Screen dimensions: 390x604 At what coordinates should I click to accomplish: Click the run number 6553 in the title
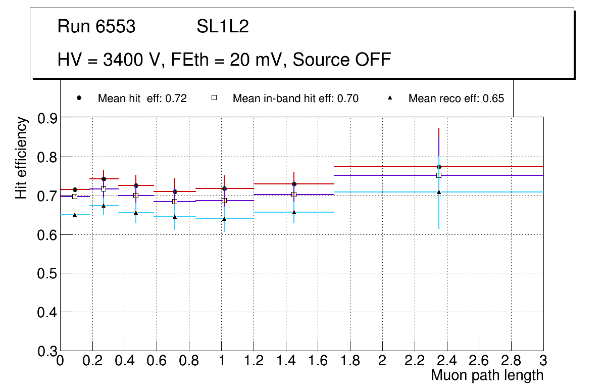[x=116, y=27]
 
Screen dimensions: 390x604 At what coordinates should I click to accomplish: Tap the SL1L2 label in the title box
[x=223, y=27]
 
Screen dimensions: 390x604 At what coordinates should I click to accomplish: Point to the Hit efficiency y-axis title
[x=21, y=158]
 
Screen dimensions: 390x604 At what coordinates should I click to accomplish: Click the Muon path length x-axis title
[x=487, y=375]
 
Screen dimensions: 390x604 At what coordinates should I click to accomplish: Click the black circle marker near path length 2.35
[x=439, y=167]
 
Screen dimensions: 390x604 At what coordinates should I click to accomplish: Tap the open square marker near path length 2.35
[x=439, y=175]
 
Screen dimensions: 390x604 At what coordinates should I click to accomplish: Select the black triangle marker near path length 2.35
[x=439, y=192]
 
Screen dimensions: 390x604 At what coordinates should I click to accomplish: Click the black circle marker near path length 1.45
[x=294, y=184]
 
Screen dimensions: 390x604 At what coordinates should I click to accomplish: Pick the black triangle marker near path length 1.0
[x=224, y=219]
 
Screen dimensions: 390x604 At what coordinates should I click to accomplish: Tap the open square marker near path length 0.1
[x=75, y=197]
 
